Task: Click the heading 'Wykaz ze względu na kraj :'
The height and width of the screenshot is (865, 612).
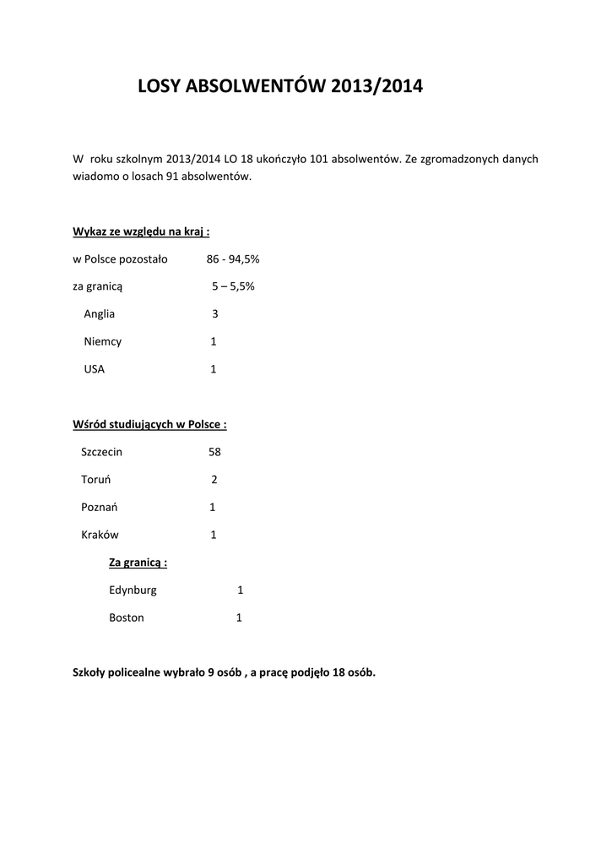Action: (x=141, y=231)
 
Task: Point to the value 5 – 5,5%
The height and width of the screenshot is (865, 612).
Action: (x=233, y=286)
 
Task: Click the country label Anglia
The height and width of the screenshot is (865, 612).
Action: (x=99, y=314)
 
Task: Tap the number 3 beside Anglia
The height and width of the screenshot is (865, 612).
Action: (x=215, y=314)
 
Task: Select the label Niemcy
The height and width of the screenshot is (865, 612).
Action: (x=102, y=342)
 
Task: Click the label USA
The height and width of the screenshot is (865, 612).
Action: (x=94, y=369)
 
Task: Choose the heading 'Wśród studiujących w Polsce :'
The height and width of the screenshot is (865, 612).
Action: (x=149, y=425)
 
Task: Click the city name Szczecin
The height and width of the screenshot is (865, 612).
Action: (x=101, y=452)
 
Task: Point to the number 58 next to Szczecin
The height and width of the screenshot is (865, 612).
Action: (x=214, y=452)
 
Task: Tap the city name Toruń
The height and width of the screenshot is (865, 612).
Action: (x=96, y=480)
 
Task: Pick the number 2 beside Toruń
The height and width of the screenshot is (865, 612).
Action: (x=214, y=480)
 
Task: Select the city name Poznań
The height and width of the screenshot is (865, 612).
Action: (x=99, y=508)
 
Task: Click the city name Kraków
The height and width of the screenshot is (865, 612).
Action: (x=100, y=535)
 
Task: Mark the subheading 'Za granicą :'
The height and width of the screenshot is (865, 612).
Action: (x=138, y=563)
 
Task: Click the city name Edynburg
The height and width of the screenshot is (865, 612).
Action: (x=133, y=590)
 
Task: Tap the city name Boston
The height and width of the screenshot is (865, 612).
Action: (x=127, y=617)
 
